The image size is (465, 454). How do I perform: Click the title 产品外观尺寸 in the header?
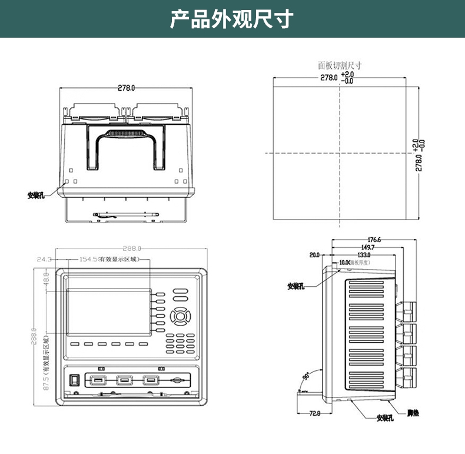(232, 19)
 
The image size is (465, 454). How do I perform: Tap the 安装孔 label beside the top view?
(36, 195)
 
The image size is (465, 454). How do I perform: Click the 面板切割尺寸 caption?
(339, 66)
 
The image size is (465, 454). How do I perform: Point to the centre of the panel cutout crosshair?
(340, 153)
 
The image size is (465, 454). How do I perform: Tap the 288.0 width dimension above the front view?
(131, 249)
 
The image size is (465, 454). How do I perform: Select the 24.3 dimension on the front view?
(45, 259)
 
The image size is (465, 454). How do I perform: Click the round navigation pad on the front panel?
(180, 316)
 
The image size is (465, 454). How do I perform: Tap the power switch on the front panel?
(74, 380)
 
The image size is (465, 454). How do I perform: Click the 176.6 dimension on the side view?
(374, 240)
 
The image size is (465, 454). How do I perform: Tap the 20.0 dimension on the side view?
(314, 255)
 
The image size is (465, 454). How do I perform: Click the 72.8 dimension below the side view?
(314, 413)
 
